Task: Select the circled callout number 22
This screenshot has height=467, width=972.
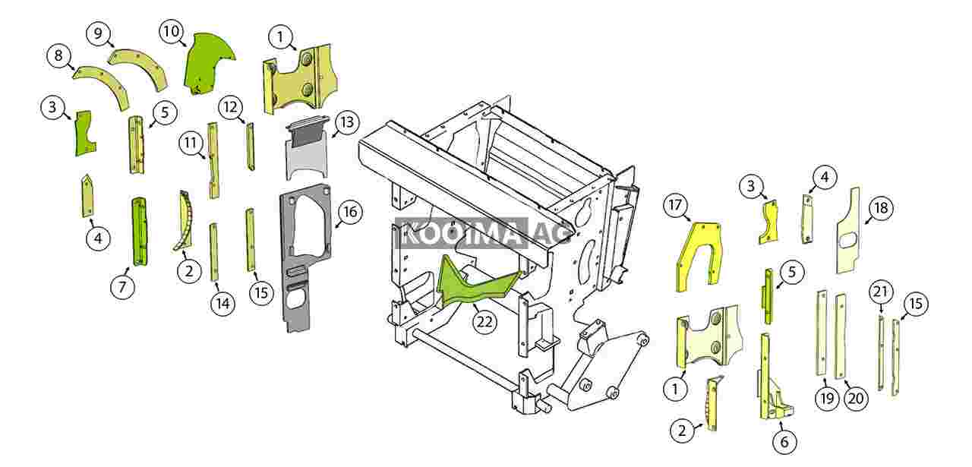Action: [484, 321]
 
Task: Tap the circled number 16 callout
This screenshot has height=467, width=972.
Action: [349, 213]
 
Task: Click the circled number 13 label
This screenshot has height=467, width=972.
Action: [346, 123]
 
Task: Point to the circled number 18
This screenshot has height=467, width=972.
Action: [881, 208]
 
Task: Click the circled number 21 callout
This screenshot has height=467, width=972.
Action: [880, 292]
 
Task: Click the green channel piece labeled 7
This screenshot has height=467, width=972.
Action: [141, 232]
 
